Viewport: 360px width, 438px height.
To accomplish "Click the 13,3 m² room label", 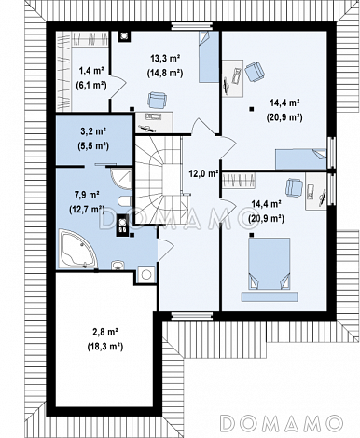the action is (x=166, y=58).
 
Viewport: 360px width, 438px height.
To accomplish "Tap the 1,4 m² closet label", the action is (x=91, y=71).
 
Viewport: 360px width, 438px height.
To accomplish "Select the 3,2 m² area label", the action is (x=93, y=131).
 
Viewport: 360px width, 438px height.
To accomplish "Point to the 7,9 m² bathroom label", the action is (x=87, y=195).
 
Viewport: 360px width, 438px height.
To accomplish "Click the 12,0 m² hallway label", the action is (x=203, y=173).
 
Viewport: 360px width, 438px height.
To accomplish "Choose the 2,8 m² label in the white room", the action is (x=104, y=332).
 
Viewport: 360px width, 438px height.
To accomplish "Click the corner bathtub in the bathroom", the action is (x=77, y=249).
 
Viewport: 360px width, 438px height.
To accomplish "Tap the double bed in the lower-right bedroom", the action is (x=270, y=264).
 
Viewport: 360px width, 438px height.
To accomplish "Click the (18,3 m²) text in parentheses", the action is (x=104, y=347).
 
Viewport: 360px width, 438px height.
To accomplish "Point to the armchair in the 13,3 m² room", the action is (x=158, y=100).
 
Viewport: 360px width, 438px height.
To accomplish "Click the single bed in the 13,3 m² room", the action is (x=209, y=57).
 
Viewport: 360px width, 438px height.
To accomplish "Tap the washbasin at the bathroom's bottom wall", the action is (x=118, y=265).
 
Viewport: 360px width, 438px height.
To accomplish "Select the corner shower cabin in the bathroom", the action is (x=122, y=179).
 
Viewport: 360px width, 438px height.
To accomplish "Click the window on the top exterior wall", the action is (x=192, y=26).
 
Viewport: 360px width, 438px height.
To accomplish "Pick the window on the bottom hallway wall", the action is (x=192, y=316).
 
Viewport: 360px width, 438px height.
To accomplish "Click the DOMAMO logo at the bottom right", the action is (x=282, y=423).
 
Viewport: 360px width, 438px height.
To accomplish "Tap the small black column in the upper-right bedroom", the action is (x=251, y=109).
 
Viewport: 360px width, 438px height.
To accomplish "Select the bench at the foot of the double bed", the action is (x=270, y=296).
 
